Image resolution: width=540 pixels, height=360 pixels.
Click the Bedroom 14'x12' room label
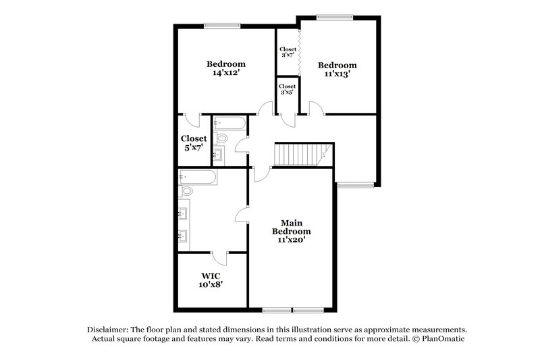tap(225, 68)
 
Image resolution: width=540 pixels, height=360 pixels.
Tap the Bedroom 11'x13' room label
tap(337, 70)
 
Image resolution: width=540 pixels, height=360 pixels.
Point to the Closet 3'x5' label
tap(287, 90)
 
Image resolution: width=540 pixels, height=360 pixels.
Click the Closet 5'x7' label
tap(194, 143)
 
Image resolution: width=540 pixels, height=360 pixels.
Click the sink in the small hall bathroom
tap(217, 156)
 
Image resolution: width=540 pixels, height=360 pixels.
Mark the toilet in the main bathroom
tap(186, 192)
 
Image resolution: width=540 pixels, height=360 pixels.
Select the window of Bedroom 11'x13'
tap(329, 17)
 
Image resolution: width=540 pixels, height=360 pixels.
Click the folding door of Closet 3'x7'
tap(298, 52)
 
